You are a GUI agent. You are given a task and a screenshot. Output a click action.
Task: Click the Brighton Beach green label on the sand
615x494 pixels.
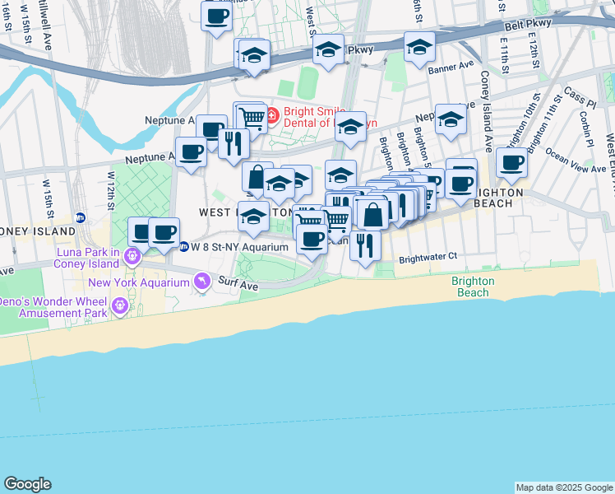pos(473,287)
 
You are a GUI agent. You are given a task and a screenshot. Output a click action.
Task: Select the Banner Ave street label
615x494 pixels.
pos(451,64)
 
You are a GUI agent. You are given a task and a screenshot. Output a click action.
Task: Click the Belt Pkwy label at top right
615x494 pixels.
pos(526,26)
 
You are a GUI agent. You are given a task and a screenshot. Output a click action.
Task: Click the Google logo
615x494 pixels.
pos(27,484)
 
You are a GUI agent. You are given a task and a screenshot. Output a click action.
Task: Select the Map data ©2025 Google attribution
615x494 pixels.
pos(564,487)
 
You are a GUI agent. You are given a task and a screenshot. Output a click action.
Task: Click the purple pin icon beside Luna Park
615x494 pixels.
pos(132,259)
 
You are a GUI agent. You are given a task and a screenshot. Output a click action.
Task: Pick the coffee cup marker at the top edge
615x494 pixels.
pos(217,16)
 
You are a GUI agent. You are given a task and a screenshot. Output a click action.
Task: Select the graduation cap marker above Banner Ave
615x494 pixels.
pos(419,47)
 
